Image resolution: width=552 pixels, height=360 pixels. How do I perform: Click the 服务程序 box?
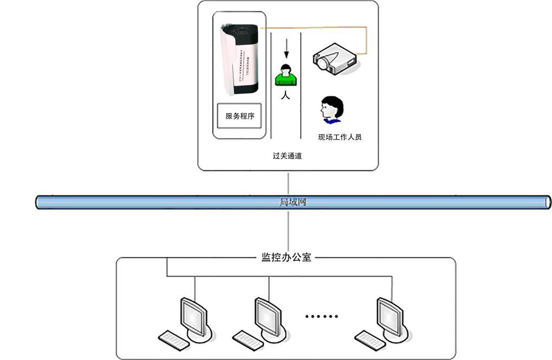[x=239, y=115]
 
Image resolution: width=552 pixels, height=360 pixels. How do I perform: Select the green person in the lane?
[x=285, y=75]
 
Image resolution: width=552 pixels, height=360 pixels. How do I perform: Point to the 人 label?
[x=285, y=96]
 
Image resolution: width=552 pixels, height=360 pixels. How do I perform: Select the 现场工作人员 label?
[x=340, y=137]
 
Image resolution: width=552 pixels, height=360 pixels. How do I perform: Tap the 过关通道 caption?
[x=287, y=156]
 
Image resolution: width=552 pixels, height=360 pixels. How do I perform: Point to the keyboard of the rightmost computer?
[x=369, y=339]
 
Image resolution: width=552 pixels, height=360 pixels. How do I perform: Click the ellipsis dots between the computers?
[x=322, y=316]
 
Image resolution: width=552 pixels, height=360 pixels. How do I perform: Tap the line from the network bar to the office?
[x=288, y=230]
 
